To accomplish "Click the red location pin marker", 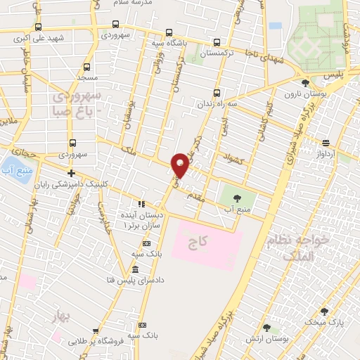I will pyautogui.click(x=181, y=164).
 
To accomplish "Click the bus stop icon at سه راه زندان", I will pyautogui.click(x=216, y=92).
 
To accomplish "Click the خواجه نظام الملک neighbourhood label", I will pyautogui.click(x=294, y=252).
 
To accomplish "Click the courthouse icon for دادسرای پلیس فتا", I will pyautogui.click(x=136, y=271).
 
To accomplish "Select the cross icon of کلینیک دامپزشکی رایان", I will pyautogui.click(x=70, y=173).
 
